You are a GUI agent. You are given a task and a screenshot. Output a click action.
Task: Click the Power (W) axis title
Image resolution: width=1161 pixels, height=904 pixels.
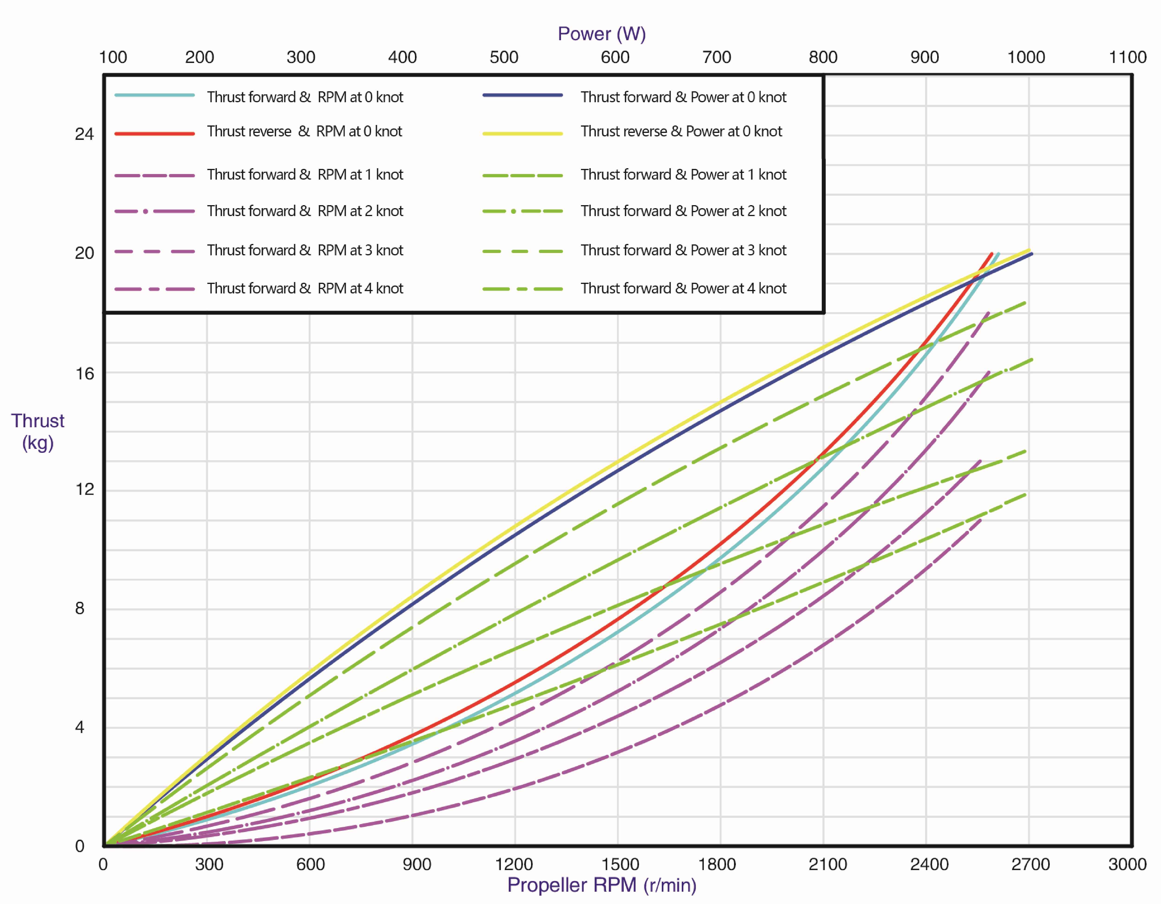601,34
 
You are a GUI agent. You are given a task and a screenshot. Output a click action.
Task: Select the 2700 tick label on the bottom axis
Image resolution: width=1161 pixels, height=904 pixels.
1030,864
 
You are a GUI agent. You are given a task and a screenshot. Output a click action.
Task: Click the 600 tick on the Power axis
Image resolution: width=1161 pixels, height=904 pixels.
615,57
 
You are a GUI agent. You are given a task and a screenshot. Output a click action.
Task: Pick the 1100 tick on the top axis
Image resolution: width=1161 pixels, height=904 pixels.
1127,57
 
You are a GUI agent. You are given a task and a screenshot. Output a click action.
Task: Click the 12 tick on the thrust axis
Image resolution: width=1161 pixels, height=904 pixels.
84,489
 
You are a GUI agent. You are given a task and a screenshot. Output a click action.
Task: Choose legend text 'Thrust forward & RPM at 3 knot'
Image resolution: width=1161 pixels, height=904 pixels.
305,250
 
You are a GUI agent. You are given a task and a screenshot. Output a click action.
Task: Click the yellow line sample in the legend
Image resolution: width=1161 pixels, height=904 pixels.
522,133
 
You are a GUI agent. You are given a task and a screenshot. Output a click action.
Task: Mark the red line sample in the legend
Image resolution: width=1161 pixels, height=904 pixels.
155,133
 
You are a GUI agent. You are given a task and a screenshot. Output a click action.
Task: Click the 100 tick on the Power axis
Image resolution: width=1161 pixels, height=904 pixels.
113,57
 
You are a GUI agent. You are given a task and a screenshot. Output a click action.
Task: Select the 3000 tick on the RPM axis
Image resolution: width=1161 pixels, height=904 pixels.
1127,864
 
